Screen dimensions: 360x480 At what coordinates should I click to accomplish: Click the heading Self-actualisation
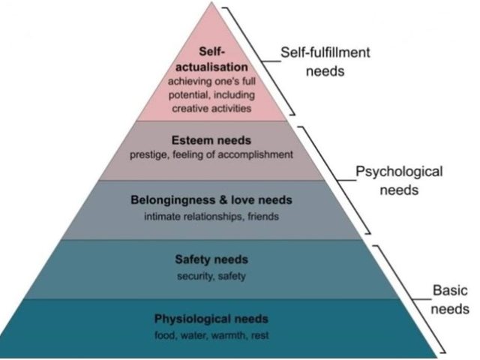pos(211,59)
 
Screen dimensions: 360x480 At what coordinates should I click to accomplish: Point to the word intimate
pos(160,217)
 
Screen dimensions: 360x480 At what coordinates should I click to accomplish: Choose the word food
pos(165,334)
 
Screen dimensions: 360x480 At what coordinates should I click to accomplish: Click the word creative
pos(190,109)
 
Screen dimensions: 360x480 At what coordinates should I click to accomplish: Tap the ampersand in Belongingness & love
pos(223,201)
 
